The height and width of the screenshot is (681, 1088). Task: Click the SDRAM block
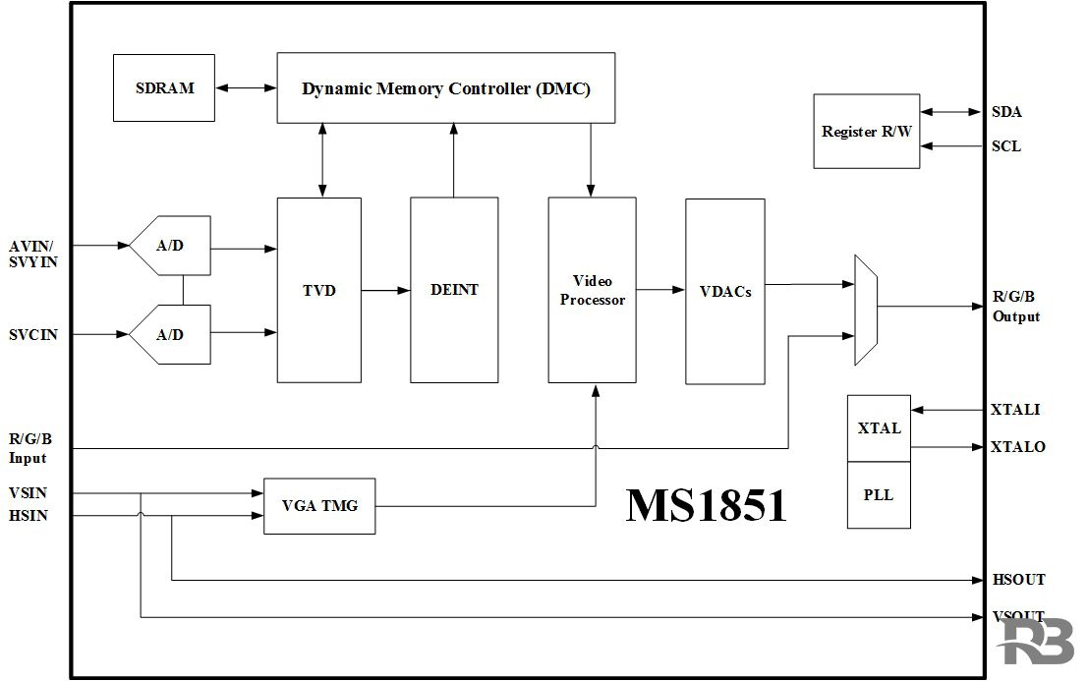tap(164, 87)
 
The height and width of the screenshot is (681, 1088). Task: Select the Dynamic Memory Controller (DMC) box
tap(445, 87)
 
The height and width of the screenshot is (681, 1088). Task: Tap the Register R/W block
tap(867, 132)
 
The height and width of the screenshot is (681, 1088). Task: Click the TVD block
tap(318, 290)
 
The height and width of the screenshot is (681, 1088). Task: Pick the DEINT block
tap(454, 290)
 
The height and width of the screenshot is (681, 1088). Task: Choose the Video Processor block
tap(593, 290)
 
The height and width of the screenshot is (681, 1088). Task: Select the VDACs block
tap(724, 291)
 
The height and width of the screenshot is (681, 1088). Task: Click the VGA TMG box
tap(319, 506)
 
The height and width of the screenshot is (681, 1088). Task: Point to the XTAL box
tap(879, 428)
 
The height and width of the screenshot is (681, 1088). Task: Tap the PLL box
tap(879, 495)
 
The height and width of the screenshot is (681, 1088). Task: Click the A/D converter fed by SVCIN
tap(171, 334)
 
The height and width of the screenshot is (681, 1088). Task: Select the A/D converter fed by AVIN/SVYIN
tap(171, 246)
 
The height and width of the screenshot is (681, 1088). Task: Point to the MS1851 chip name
tap(706, 505)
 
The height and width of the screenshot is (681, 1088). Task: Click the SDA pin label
tap(1006, 112)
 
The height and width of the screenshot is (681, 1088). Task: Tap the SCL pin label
tap(1006, 146)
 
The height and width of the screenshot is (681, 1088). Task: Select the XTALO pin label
tap(1017, 447)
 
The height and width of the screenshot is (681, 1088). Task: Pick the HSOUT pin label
tap(1018, 580)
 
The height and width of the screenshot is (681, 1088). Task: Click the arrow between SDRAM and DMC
tap(246, 87)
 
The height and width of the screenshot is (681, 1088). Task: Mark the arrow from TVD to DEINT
tap(385, 290)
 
